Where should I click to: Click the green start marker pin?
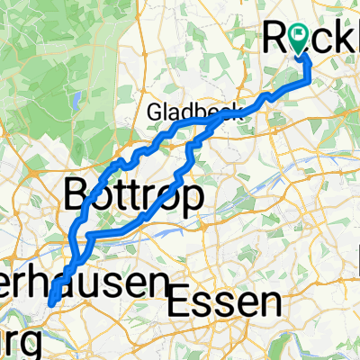coord(300,38)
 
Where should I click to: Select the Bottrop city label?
coord(131,195)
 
